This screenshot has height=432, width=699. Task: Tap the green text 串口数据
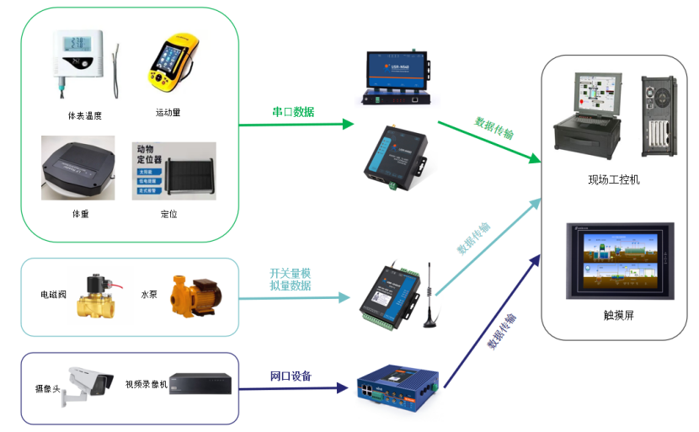pos(293,112)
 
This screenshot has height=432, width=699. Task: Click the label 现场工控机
pos(614,179)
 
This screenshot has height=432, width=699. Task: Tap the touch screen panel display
pos(619,259)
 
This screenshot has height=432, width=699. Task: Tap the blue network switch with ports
pos(395,389)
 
